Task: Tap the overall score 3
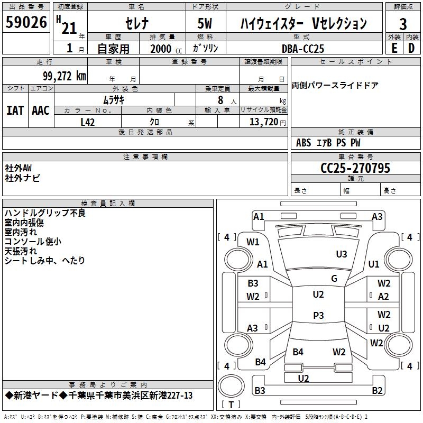[403, 24]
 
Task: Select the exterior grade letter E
[394, 48]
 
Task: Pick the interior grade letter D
[411, 48]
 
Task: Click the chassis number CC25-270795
[355, 169]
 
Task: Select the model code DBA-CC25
[303, 48]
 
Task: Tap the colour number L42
[88, 122]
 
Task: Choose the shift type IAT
[15, 111]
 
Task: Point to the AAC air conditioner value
[40, 111]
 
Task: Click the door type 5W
[205, 24]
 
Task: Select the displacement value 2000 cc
[163, 49]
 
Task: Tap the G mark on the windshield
[334, 279]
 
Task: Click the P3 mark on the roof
[318, 315]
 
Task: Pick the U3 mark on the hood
[342, 254]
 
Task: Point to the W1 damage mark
[253, 242]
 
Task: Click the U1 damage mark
[374, 264]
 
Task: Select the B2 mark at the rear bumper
[377, 391]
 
